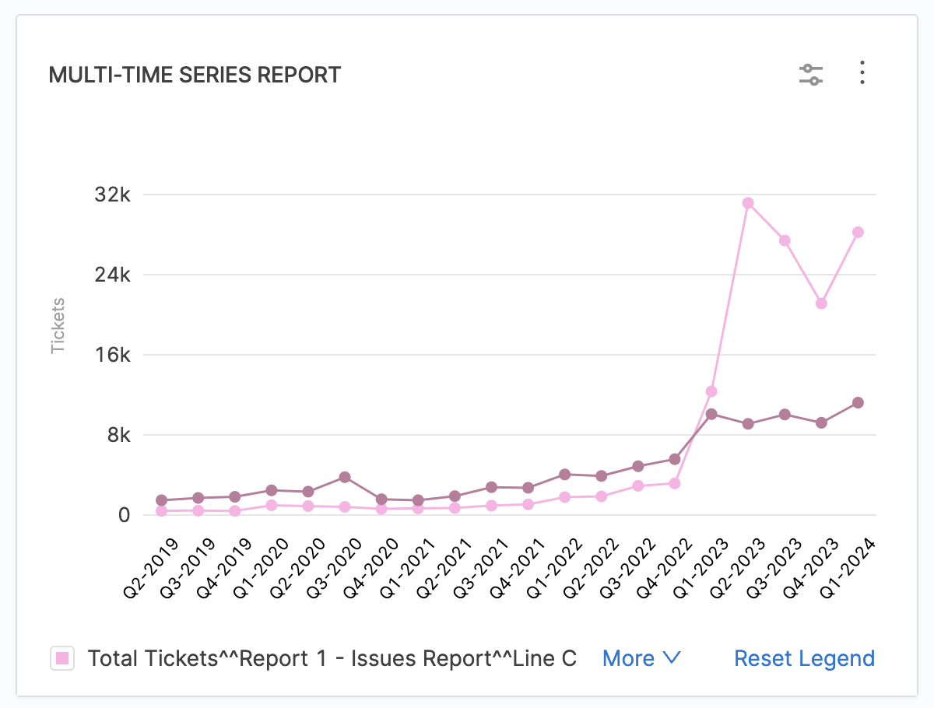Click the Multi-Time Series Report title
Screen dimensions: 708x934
point(195,75)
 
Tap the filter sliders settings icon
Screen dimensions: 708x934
point(811,75)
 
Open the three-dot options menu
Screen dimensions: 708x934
point(862,73)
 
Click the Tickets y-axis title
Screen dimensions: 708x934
point(58,326)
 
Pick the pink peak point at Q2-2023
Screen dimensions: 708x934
point(748,203)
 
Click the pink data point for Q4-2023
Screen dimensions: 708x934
point(821,303)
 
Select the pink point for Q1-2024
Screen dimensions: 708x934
point(858,232)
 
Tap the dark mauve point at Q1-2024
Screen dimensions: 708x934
point(858,402)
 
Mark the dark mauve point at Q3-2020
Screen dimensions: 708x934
point(345,477)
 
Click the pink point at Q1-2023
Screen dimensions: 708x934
point(711,391)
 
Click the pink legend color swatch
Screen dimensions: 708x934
point(62,658)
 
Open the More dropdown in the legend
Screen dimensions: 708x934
point(641,658)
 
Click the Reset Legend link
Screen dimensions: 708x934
point(805,658)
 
